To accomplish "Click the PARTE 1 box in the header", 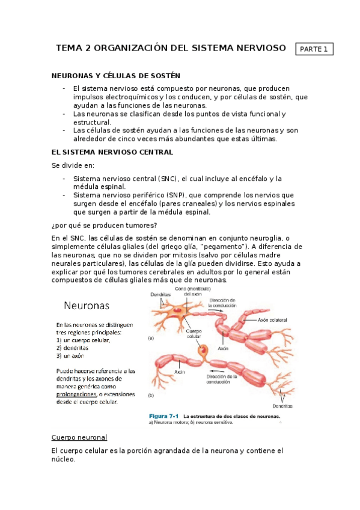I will (x=314, y=49).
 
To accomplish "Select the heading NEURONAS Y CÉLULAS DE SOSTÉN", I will (x=116, y=76).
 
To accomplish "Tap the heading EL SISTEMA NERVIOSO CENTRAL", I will (x=112, y=152).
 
